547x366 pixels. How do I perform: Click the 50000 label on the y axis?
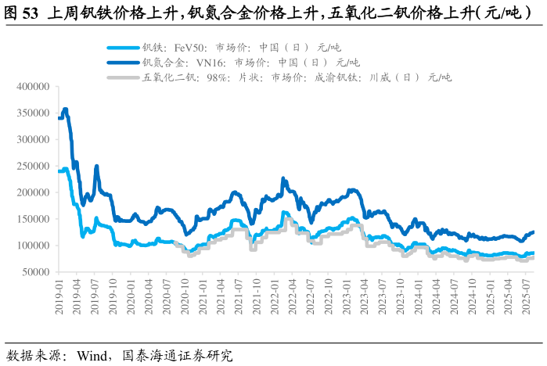(x=34, y=272)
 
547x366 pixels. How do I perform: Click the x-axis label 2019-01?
(x=59, y=296)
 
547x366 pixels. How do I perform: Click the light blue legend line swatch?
(x=122, y=47)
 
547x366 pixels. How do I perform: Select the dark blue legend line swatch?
(x=122, y=62)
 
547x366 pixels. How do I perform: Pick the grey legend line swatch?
(x=122, y=77)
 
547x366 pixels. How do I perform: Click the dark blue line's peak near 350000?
(x=65, y=109)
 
